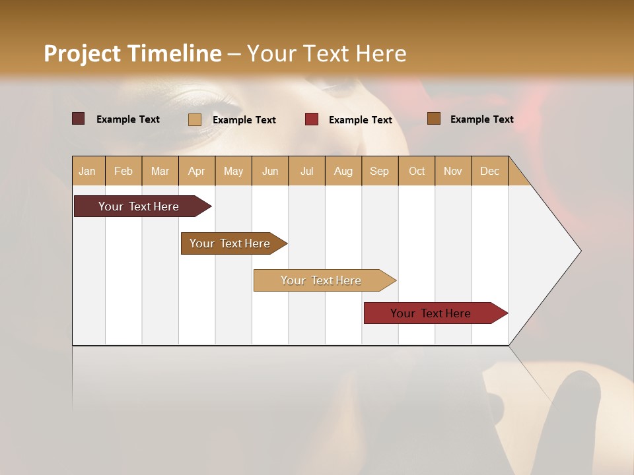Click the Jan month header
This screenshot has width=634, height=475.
[x=88, y=171]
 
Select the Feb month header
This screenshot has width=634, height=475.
[x=123, y=171]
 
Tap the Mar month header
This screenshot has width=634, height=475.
[x=160, y=171]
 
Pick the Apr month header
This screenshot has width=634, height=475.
[x=197, y=171]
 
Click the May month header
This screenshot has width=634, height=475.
[x=233, y=171]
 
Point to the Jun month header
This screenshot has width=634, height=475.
[x=270, y=171]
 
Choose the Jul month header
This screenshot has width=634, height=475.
[x=306, y=171]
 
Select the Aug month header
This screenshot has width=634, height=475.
[x=343, y=171]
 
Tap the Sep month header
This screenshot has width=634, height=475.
[x=380, y=171]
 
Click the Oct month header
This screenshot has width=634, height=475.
[x=417, y=171]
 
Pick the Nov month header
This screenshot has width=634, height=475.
[x=453, y=171]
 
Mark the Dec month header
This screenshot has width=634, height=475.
[x=489, y=171]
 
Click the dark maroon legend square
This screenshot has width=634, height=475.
[x=79, y=119]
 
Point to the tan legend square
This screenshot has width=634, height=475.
[x=195, y=119]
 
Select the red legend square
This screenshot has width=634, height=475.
[x=312, y=119]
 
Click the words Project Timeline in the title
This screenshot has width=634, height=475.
[x=133, y=53]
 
